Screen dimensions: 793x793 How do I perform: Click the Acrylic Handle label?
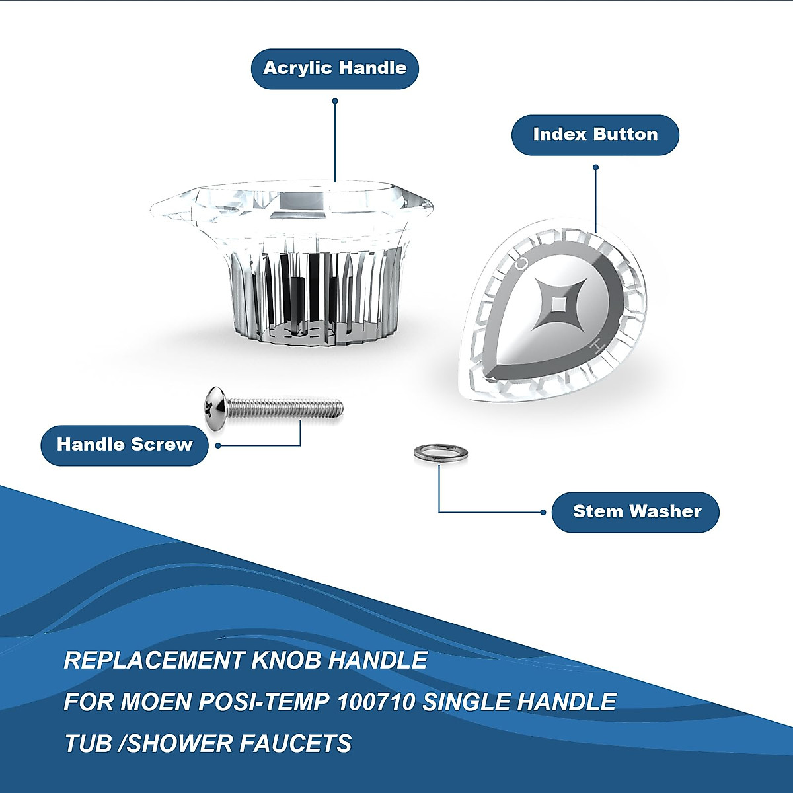click(334, 68)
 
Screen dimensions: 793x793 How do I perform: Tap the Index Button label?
click(595, 135)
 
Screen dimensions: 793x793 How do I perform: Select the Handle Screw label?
click(124, 445)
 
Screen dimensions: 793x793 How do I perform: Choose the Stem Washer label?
click(636, 511)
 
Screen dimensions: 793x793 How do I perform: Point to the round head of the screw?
click(215, 409)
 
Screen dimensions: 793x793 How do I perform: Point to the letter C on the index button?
click(521, 263)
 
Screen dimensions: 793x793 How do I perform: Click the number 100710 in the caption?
click(376, 702)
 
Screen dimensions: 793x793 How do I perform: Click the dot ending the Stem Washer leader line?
click(543, 512)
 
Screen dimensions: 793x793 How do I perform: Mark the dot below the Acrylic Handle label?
click(335, 101)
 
